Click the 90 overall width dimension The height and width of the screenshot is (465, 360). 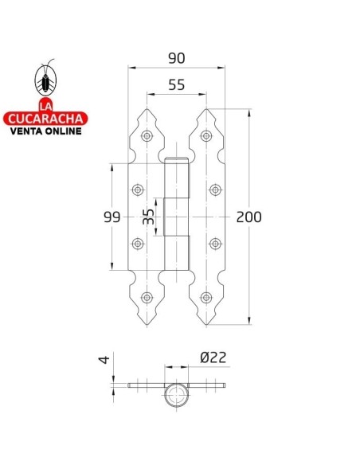pyautogui.click(x=177, y=58)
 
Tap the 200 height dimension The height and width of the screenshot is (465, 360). pyautogui.click(x=249, y=217)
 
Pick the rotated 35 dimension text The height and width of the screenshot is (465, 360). pyautogui.click(x=148, y=217)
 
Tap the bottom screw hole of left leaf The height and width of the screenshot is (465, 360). pyautogui.click(x=146, y=298)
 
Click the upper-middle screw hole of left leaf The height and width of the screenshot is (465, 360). pyautogui.click(x=139, y=190)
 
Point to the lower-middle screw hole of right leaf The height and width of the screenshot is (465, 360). pyautogui.click(x=215, y=244)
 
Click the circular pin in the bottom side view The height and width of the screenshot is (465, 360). pyautogui.click(x=176, y=394)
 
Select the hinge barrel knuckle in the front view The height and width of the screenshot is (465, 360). pyautogui.click(x=177, y=217)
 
